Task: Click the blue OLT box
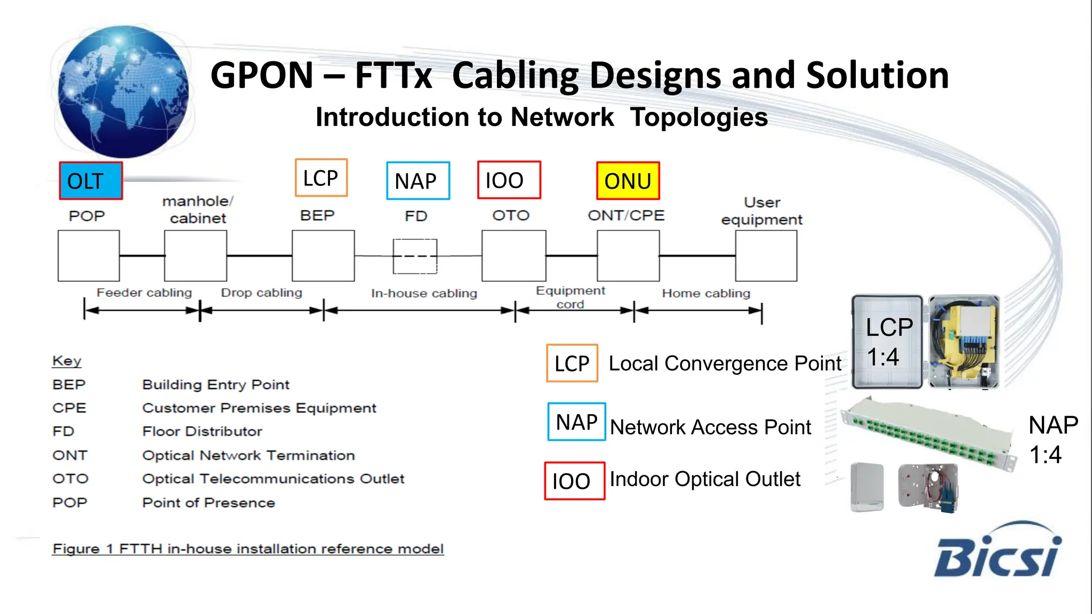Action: click(x=91, y=181)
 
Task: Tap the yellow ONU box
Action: click(x=628, y=181)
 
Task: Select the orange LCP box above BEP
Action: click(x=321, y=177)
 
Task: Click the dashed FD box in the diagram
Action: click(x=415, y=256)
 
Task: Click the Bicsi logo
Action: click(x=997, y=552)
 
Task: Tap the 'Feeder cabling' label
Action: click(x=144, y=293)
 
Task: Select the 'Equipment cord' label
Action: click(x=570, y=297)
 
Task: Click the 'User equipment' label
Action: click(x=761, y=211)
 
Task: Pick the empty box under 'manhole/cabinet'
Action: click(x=196, y=256)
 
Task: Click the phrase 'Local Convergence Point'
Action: click(x=725, y=363)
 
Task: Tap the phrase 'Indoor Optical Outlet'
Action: click(x=705, y=479)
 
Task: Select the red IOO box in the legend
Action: click(x=574, y=481)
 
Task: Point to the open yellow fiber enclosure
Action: click(x=963, y=341)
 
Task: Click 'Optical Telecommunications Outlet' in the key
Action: click(x=273, y=479)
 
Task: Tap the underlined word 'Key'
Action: click(x=67, y=361)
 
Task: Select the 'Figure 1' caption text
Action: click(x=248, y=548)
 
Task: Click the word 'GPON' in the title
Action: click(x=262, y=75)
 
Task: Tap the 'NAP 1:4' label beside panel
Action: click(x=1052, y=440)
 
